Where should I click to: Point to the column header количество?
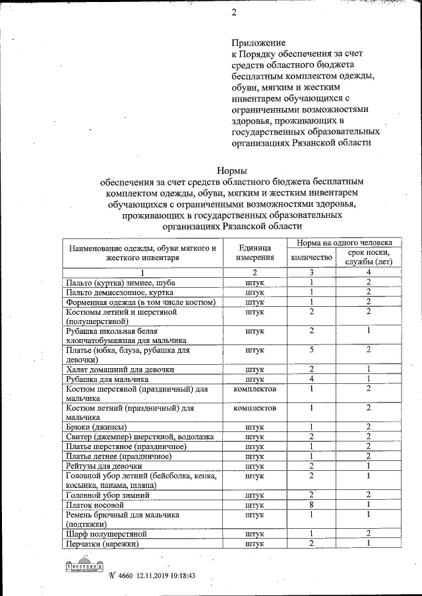(x=311, y=257)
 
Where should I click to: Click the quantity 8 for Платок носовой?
(x=311, y=504)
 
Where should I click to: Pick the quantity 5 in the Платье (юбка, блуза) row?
(x=311, y=350)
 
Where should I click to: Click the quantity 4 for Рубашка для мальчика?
(x=311, y=379)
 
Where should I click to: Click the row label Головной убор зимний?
(x=107, y=495)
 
